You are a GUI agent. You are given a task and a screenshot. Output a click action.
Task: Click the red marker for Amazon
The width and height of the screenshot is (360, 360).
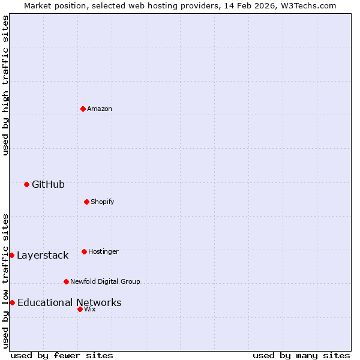[83, 109]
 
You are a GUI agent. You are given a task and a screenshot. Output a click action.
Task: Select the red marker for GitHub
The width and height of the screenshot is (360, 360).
[26, 184]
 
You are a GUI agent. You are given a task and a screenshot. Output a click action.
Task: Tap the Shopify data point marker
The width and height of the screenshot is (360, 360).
[86, 202]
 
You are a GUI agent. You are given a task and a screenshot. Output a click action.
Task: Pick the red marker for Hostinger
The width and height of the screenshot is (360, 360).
[84, 251]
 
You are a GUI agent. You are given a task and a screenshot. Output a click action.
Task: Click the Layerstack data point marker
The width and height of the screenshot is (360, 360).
[11, 255]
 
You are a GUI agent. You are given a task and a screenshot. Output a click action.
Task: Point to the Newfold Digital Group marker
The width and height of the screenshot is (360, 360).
[66, 281]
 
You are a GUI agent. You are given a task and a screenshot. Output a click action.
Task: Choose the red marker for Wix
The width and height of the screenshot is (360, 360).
[80, 309]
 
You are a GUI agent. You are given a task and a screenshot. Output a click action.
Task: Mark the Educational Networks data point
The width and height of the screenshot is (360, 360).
[12, 302]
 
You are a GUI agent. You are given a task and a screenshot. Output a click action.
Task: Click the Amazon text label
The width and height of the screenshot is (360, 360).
[100, 109]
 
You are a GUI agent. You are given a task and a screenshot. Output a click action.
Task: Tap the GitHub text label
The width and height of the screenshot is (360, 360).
[48, 184]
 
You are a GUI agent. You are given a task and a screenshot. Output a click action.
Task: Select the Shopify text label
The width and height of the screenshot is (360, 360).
[102, 202]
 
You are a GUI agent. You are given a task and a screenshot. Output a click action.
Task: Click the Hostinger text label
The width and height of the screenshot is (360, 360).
[103, 251]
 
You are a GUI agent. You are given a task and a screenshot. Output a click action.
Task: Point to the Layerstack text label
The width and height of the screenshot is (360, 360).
[43, 255]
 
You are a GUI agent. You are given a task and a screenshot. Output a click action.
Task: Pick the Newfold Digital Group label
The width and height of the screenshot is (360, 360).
[105, 281]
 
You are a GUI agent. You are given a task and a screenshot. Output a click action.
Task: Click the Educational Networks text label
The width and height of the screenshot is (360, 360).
[69, 302]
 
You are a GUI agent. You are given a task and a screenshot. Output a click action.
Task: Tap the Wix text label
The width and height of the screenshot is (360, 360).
[89, 309]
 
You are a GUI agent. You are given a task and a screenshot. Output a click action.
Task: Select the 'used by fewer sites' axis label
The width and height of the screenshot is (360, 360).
[62, 355]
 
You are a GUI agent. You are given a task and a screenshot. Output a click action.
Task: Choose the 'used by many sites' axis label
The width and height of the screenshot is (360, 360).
[301, 355]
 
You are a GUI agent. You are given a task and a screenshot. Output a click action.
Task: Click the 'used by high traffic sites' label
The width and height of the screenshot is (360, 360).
[5, 85]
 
